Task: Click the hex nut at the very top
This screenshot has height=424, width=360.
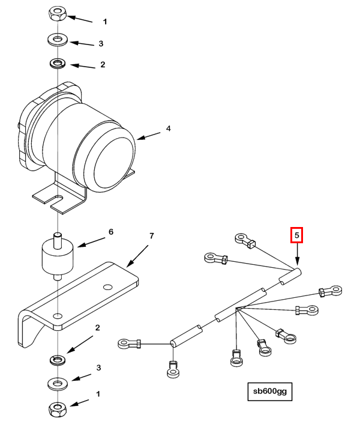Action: point(58,14)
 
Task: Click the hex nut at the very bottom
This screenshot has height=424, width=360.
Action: point(58,410)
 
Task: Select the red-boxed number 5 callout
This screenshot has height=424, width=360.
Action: point(296,235)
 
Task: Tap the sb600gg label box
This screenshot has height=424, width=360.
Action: point(270,392)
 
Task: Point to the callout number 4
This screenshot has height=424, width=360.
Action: point(168,129)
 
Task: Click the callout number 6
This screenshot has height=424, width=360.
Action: point(111,232)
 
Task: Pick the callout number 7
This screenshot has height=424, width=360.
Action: point(152,236)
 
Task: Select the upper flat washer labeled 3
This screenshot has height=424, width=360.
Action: point(58,40)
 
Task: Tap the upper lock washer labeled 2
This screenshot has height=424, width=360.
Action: point(58,64)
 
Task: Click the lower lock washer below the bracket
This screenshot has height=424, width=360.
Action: point(58,360)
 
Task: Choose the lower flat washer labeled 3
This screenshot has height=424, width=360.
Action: point(58,384)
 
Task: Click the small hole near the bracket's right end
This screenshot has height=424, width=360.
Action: point(107,286)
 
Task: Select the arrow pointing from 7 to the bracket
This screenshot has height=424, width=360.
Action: point(137,256)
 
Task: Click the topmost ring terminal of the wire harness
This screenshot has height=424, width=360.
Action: point(245,240)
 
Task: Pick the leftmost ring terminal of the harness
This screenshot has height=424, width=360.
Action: point(130,344)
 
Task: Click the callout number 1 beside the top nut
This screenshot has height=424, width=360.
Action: point(105,22)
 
